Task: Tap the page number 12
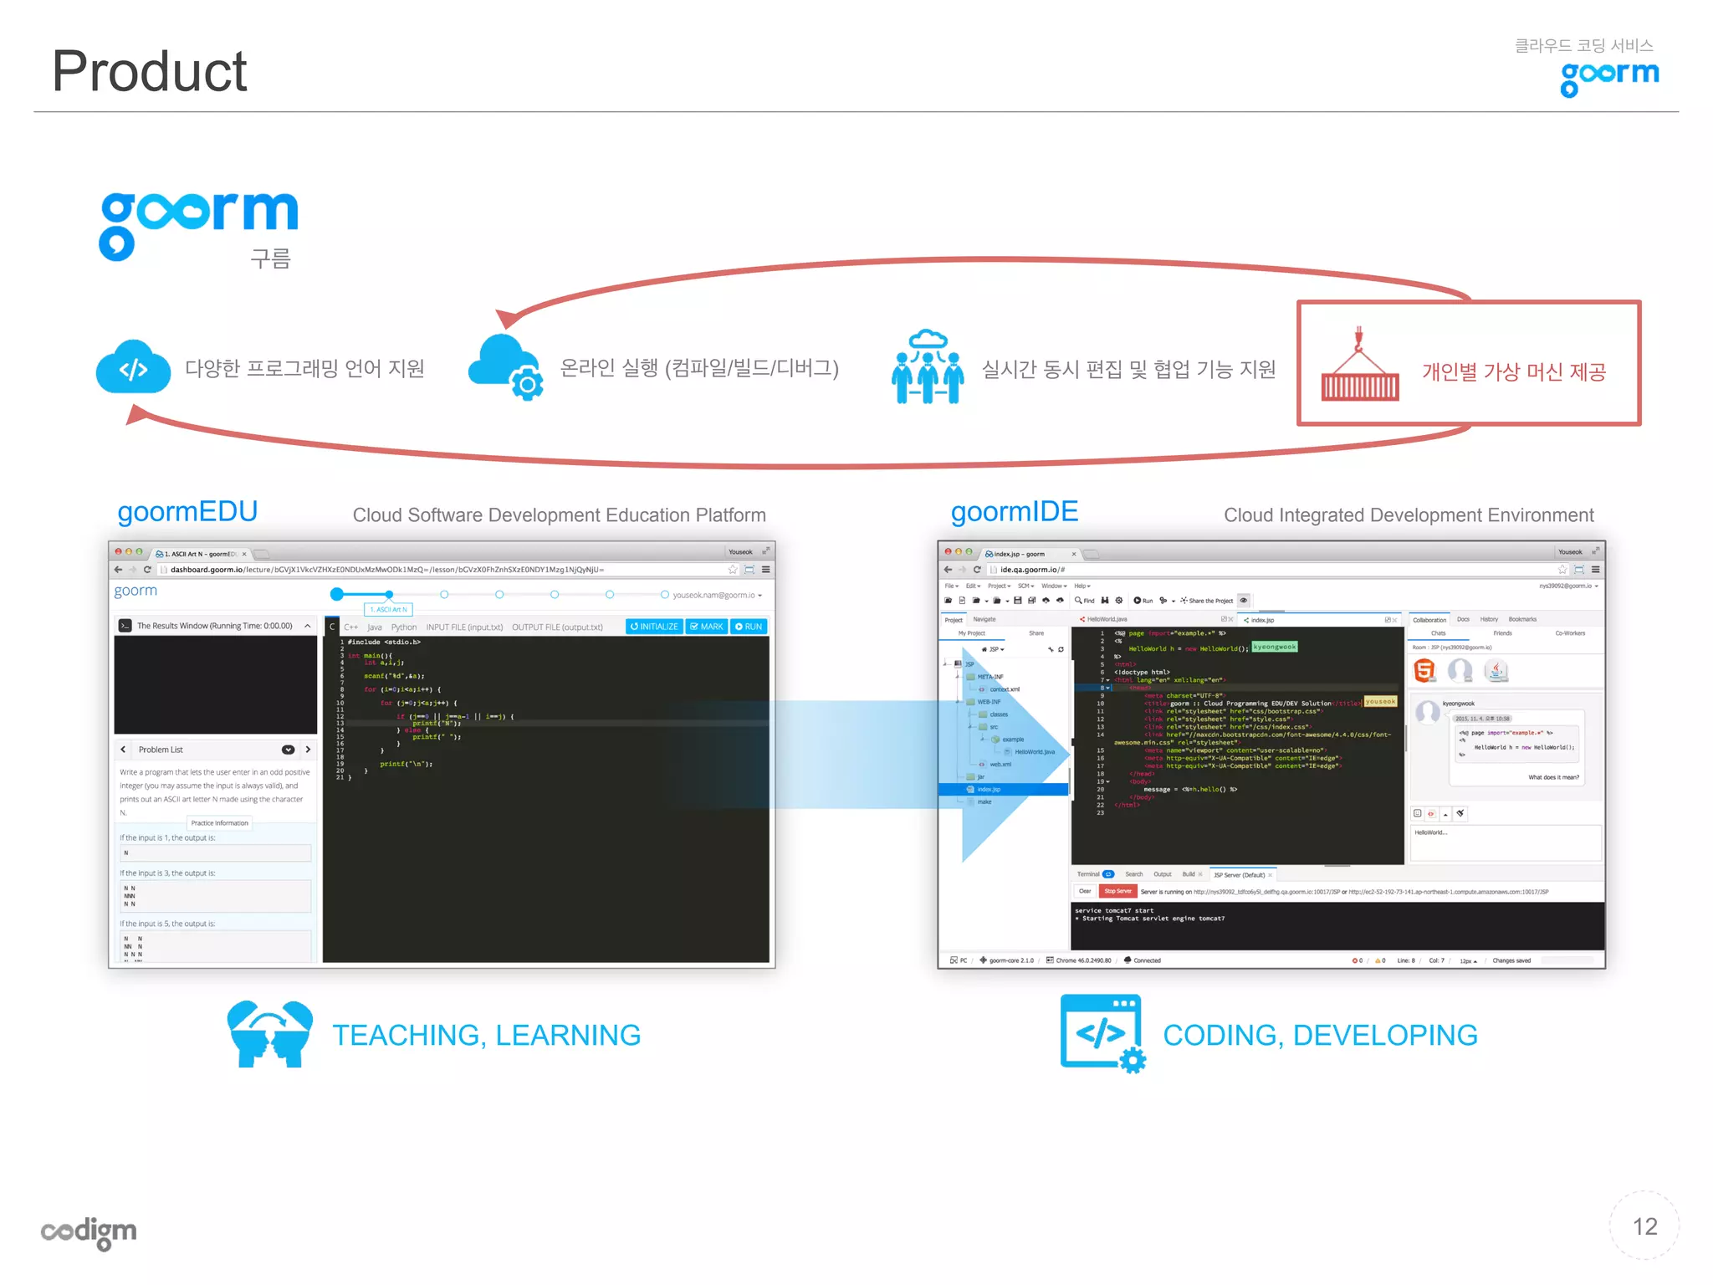1644,1226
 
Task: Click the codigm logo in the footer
89,1232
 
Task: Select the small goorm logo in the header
1609,77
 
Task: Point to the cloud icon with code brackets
133,367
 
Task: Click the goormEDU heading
187,511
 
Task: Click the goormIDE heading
1014,511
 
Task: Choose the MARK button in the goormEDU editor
707,627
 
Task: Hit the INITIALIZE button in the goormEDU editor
654,627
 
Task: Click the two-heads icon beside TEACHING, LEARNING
269,1034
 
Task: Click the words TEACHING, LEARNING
486,1036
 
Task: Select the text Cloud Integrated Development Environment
1408,515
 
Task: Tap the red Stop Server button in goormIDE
1117,892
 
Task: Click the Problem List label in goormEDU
161,750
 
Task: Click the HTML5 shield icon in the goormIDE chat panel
1424,670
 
